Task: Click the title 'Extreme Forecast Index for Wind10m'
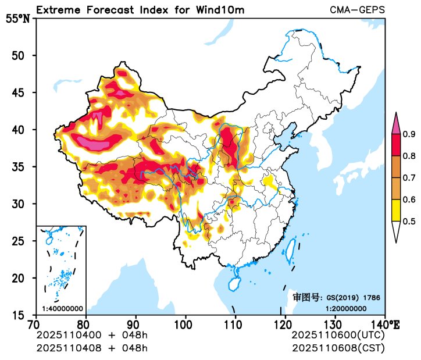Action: coord(140,10)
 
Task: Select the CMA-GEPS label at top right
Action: coord(357,10)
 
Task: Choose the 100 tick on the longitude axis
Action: coord(185,323)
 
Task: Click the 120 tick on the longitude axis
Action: coord(285,323)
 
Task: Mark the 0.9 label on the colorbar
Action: coord(409,135)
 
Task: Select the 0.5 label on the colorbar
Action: coord(409,221)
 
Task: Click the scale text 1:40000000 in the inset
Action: coord(62,308)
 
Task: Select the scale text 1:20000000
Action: coord(345,308)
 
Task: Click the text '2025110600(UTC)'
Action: coord(338,336)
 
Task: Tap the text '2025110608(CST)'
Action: coord(338,348)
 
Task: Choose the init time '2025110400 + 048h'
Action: coord(92,336)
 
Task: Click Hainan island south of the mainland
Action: coord(234,283)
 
